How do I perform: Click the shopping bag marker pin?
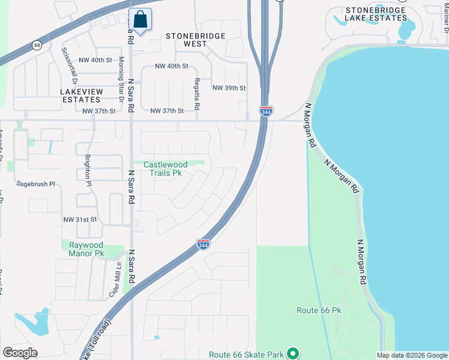point(140,19)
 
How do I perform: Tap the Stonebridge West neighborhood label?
point(196,40)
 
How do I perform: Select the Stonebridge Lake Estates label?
point(376,14)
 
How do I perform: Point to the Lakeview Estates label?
point(81,95)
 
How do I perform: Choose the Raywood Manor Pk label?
point(86,249)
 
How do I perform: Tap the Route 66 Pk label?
point(319,310)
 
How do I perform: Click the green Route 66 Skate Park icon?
point(293,354)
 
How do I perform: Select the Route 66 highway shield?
point(37,45)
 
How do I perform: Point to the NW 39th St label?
point(229,88)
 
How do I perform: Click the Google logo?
point(20,353)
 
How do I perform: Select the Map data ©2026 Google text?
point(412,355)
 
